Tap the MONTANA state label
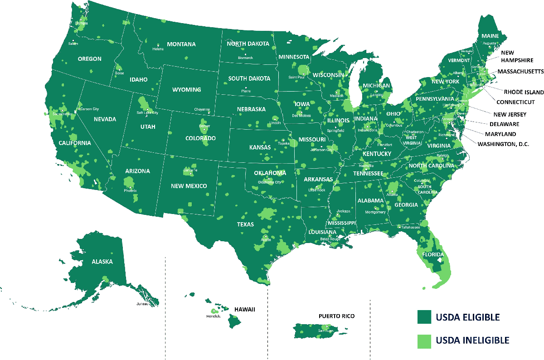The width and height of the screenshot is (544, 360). point(181,44)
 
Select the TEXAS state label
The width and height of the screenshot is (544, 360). point(245,224)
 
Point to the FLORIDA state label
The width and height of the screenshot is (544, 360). point(433,255)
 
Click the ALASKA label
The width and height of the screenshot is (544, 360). point(102,262)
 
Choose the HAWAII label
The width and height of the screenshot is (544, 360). point(245,309)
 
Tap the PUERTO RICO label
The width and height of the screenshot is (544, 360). point(336,316)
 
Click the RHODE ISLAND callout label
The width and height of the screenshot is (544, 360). point(524,92)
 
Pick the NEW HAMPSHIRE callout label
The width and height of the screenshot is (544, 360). point(514,56)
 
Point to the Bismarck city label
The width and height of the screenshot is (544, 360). point(246,58)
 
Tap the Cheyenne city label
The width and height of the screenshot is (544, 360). point(202,109)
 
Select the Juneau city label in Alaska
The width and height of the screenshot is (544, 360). point(143,304)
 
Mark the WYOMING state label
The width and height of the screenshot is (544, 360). point(186,90)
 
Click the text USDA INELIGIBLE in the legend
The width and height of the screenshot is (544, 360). point(472,341)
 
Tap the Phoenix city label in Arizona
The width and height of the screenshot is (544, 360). point(130,191)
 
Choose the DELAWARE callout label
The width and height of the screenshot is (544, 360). point(504,124)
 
